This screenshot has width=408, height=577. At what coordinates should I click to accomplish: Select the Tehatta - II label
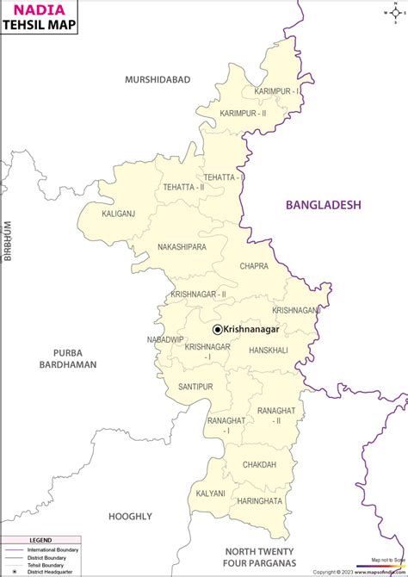[x=183, y=187]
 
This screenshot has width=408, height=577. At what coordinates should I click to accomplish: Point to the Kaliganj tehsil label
[x=119, y=213]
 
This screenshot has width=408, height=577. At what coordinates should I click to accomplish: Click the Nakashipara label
[x=182, y=247]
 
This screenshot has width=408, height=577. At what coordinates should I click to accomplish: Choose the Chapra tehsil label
[x=254, y=266]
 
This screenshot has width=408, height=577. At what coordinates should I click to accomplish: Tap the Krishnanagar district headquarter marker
[x=217, y=329]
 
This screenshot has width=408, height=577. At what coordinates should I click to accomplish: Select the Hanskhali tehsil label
[x=268, y=351]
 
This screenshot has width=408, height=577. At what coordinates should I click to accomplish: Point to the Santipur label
[x=195, y=388]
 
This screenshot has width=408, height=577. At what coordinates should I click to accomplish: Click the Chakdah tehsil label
[x=259, y=464]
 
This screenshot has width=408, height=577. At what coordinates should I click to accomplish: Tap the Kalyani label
[x=210, y=493]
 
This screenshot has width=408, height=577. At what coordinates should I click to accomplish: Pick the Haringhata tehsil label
[x=259, y=500]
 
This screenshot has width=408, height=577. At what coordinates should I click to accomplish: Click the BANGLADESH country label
[x=324, y=205]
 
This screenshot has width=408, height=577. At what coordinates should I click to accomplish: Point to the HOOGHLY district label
[x=130, y=516]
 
